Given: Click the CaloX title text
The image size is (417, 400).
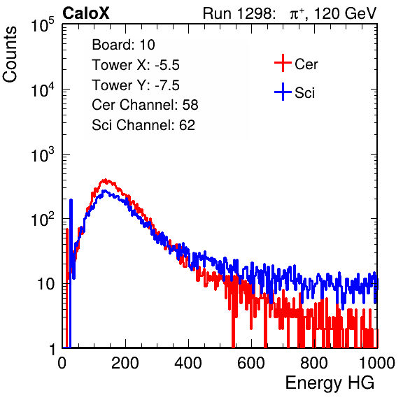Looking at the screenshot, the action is [x=86, y=13].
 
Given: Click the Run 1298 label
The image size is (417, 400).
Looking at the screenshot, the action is [x=239, y=13].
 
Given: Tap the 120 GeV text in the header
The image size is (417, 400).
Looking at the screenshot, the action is [x=345, y=13].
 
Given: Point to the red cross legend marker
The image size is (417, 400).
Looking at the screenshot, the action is [x=283, y=63].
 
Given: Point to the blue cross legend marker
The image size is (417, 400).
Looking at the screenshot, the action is [x=283, y=92].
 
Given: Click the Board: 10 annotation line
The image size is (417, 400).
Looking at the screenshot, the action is [x=123, y=45].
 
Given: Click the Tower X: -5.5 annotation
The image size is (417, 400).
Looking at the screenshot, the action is [x=136, y=65].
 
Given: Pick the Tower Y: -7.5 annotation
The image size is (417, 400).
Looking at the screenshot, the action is [x=136, y=85].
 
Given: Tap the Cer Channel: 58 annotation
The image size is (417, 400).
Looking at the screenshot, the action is [x=145, y=105].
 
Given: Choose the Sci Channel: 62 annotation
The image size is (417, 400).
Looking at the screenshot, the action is [x=143, y=125].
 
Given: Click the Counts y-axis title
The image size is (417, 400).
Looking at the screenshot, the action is [x=10, y=55].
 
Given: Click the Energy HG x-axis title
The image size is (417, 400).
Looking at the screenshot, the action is [x=330, y=383].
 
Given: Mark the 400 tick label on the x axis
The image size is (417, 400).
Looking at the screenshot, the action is [x=188, y=363].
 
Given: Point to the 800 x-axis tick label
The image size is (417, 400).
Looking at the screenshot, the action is [x=314, y=363].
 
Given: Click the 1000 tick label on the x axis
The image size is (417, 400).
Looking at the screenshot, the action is [x=377, y=363].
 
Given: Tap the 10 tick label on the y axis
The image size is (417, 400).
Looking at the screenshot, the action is [x=46, y=284].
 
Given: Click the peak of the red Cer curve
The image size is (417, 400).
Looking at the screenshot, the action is [x=106, y=180].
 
